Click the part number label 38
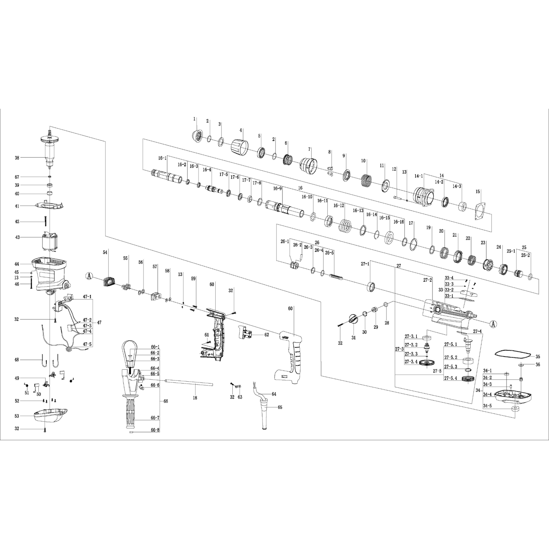17,158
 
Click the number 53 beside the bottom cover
17,416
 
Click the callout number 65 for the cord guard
279,407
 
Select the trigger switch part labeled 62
247,334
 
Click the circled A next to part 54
89,275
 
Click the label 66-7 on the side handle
155,418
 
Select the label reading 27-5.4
451,378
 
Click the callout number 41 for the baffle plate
17,206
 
